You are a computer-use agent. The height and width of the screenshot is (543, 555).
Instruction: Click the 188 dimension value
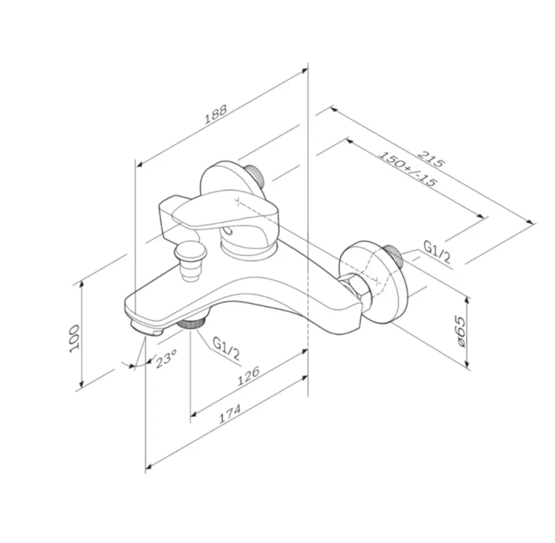click(216, 114)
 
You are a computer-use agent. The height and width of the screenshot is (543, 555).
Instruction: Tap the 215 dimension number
click(430, 159)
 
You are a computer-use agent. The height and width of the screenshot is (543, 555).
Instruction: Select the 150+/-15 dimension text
click(408, 169)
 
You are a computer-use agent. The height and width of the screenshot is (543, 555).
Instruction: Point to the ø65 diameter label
click(460, 331)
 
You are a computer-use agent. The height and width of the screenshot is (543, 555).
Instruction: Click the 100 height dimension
click(74, 338)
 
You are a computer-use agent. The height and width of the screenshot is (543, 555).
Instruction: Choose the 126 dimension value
click(249, 376)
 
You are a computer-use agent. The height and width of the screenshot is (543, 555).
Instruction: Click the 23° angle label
click(166, 359)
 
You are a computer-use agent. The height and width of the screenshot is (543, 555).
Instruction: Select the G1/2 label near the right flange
click(437, 252)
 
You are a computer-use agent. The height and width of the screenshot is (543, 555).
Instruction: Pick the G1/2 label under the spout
click(227, 348)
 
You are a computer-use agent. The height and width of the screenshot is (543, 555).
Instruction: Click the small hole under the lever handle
click(229, 231)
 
